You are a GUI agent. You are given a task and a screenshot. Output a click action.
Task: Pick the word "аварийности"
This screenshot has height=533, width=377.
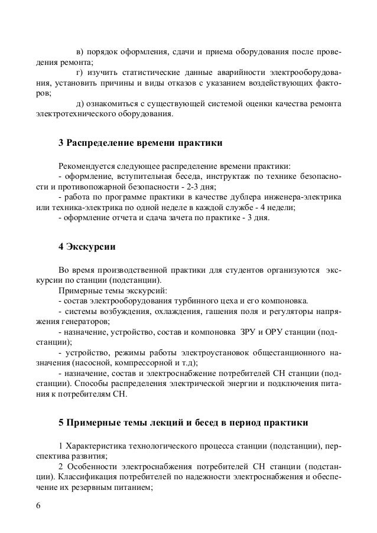coord(242,72)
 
